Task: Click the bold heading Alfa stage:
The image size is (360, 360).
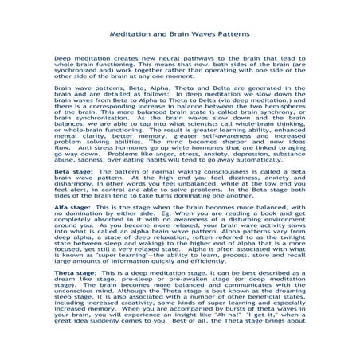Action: [72, 229]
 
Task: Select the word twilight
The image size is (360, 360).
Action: [288, 259]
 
